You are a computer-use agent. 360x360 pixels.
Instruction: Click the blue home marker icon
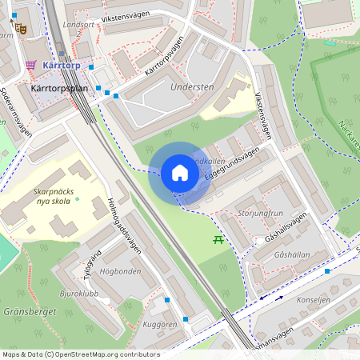[x=180, y=173]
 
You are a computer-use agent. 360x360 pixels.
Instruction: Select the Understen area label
[x=192, y=86]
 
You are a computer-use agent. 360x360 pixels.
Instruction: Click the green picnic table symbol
[x=218, y=239]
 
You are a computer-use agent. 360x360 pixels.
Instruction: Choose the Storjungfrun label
[x=261, y=214]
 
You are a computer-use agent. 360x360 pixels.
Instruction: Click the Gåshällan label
[x=290, y=254]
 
